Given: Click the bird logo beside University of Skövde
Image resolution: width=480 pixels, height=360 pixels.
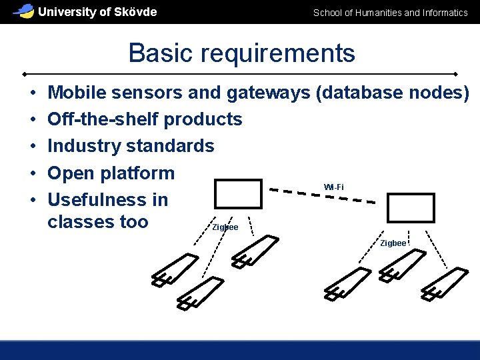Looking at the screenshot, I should click(24, 11).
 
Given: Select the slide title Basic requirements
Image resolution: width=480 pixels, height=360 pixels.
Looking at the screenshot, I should click(241, 53).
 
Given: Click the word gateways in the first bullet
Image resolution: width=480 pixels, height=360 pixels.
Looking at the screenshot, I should click(268, 93).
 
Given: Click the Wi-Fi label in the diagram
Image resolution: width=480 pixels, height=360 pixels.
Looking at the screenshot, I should click(334, 187).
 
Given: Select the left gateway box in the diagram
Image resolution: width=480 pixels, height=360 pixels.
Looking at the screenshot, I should click(238, 194).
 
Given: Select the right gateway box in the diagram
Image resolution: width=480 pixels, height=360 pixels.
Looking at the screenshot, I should click(411, 207).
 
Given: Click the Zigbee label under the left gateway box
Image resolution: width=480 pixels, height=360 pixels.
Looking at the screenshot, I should click(225, 227).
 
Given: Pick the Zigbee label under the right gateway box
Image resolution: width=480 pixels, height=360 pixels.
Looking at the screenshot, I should click(393, 243).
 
